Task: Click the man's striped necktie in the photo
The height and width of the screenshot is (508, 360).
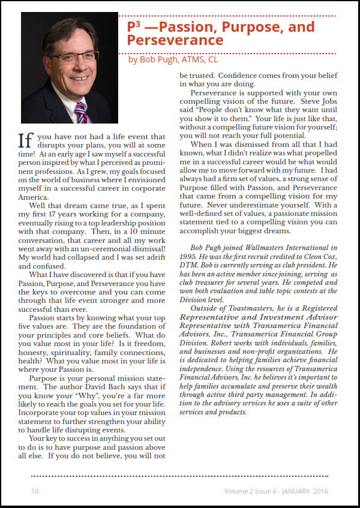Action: tap(81, 112)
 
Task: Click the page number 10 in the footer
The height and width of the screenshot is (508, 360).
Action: tap(35, 491)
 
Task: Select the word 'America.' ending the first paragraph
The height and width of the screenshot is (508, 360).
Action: tap(34, 197)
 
